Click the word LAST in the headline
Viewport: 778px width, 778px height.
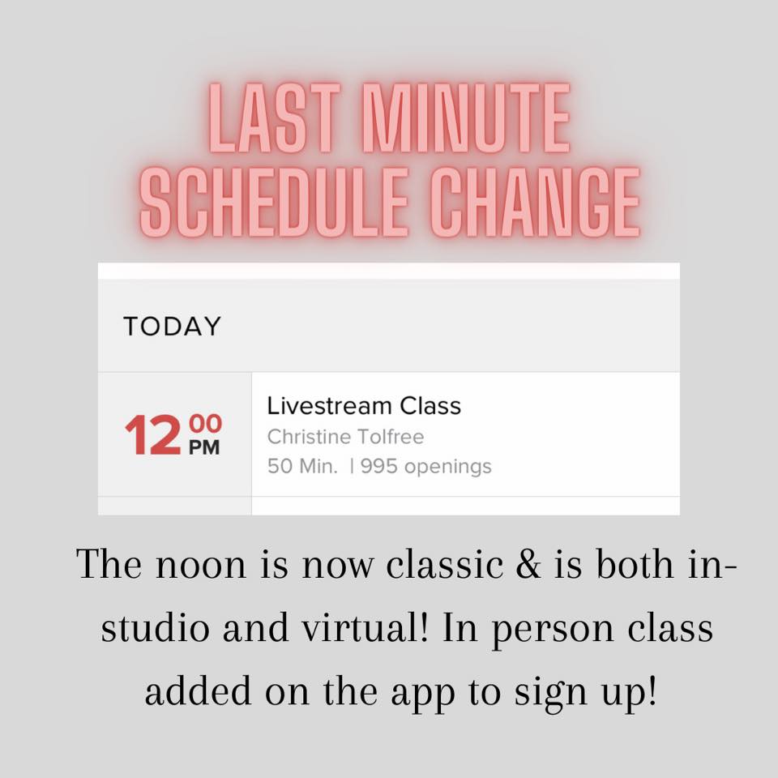[x=275, y=118]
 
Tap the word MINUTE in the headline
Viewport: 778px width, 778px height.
[x=467, y=118]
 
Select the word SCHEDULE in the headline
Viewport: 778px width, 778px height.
[x=275, y=202]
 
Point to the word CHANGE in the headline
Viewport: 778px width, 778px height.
[x=536, y=202]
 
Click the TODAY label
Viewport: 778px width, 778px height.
[x=172, y=327]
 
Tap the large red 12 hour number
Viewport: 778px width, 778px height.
[x=153, y=435]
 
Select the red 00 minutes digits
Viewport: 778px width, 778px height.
[x=205, y=424]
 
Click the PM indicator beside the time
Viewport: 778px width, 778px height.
[x=204, y=447]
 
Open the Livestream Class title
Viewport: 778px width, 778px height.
[x=364, y=406]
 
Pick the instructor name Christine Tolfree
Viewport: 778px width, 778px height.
[x=346, y=437]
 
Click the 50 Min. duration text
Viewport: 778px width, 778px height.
[x=302, y=467]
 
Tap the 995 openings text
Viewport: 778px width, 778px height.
[x=426, y=467]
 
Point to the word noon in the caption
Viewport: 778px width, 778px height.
[x=201, y=565]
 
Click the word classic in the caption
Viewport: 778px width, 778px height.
[x=445, y=564]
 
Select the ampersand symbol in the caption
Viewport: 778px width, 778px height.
[x=528, y=564]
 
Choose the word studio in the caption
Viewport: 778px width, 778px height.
[x=156, y=626]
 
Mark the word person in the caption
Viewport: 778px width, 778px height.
[x=554, y=631]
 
